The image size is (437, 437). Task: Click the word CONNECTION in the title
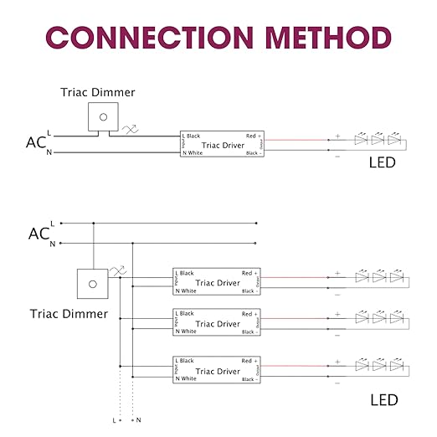pyautogui.click(x=137, y=38)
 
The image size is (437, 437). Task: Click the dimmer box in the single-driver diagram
pyautogui.click(x=103, y=116)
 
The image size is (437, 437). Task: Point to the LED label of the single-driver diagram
pyautogui.click(x=382, y=162)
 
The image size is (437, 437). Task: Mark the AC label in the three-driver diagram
pyautogui.click(x=39, y=234)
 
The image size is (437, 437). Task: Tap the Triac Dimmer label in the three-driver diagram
pyautogui.click(x=69, y=314)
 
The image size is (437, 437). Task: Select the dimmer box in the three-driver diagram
pyautogui.click(x=91, y=283)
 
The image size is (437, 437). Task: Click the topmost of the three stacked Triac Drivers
pyautogui.click(x=217, y=282)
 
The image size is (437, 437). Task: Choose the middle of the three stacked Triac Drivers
pyautogui.click(x=217, y=323)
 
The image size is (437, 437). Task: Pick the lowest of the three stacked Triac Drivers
pyautogui.click(x=217, y=370)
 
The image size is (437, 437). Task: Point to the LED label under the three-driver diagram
pyautogui.click(x=383, y=400)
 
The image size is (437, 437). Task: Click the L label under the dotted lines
pyautogui.click(x=115, y=419)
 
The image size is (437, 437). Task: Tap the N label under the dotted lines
pyautogui.click(x=138, y=419)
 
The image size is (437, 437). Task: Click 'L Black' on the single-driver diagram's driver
pyautogui.click(x=192, y=136)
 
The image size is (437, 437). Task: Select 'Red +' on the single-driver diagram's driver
pyautogui.click(x=253, y=136)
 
